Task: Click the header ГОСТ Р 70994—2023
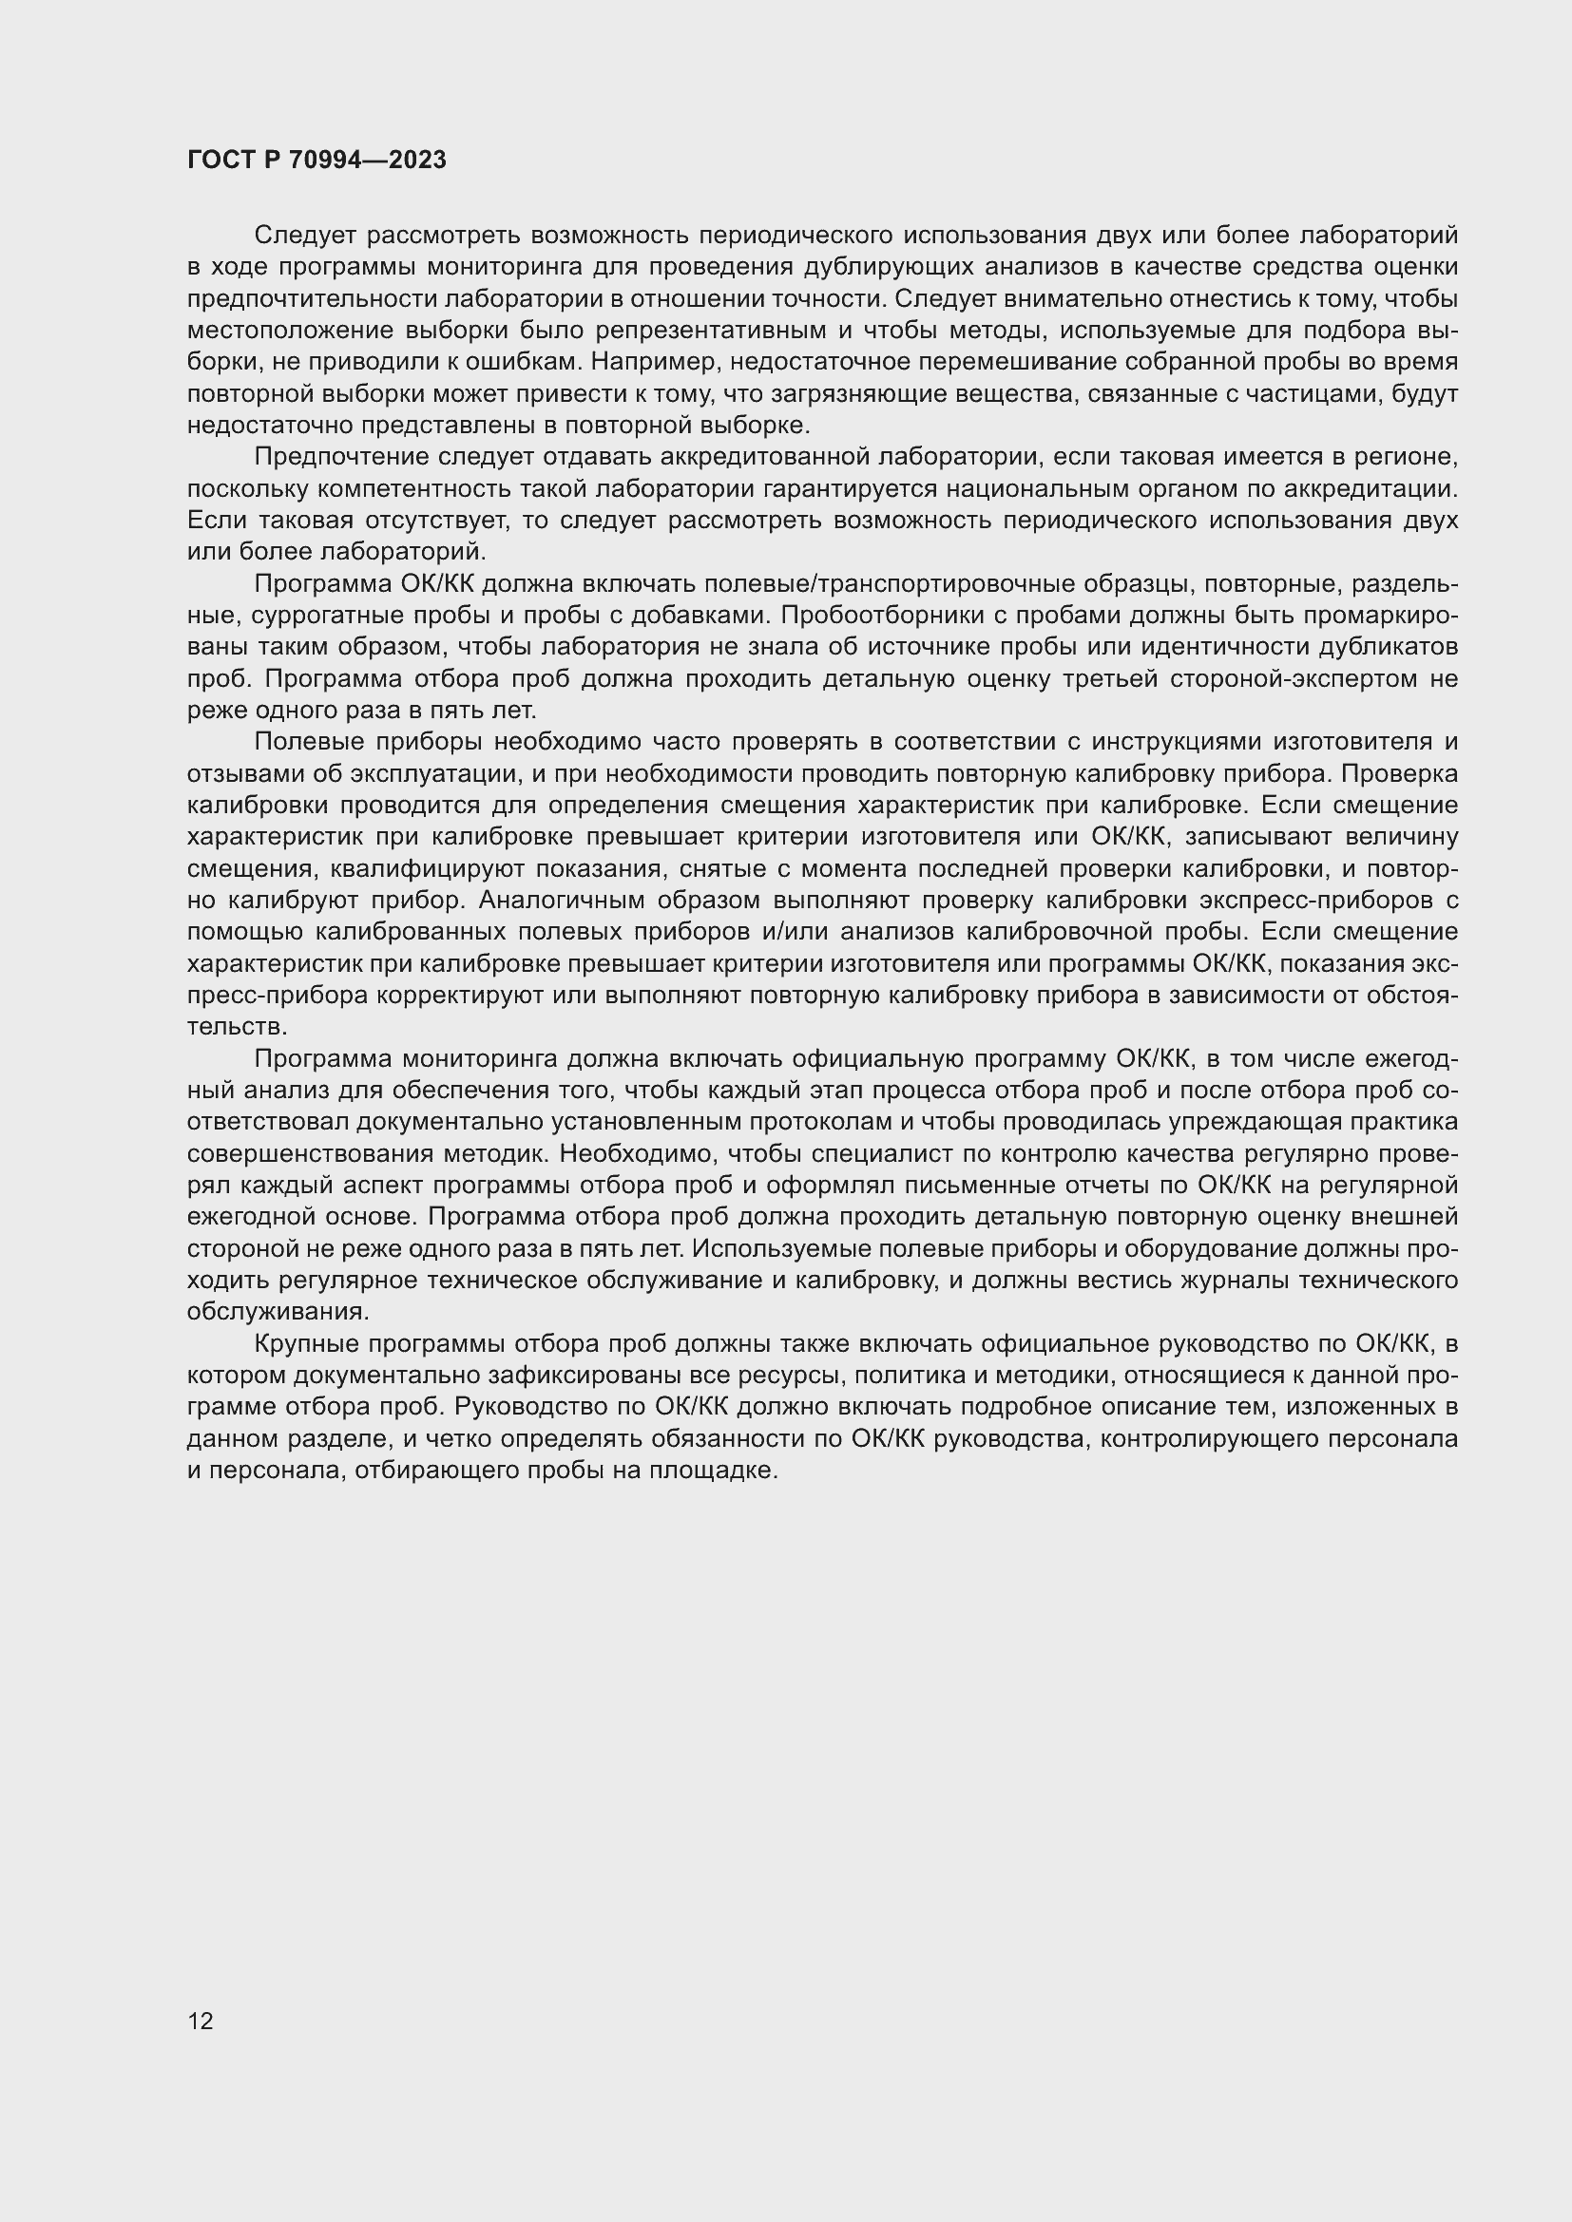click(316, 161)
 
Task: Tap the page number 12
click(201, 2021)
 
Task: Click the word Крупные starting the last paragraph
click(302, 1344)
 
